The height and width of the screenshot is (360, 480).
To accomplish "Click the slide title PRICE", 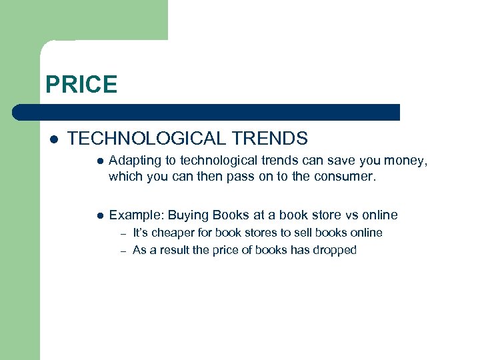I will tap(81, 85).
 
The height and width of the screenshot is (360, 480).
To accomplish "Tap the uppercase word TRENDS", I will tap(269, 139).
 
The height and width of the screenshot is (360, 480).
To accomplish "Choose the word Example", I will tap(135, 215).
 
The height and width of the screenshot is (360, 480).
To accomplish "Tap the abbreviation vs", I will tap(353, 215).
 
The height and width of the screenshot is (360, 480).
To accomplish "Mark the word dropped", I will tap(335, 251).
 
